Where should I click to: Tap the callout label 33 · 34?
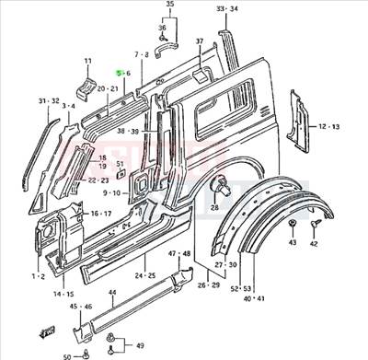pos(226,8)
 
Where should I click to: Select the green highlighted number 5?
pos(117,73)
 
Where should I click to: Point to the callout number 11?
pos(88,62)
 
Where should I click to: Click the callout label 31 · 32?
pos(49,100)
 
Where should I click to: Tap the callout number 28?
pos(213,209)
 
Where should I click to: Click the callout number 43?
pos(293,243)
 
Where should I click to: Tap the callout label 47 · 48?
pos(178,253)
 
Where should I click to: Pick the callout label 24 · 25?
pos(144,274)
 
